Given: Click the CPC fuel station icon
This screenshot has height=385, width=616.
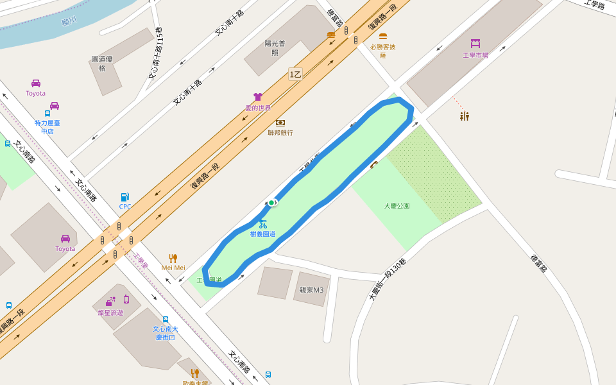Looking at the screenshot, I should pyautogui.click(x=124, y=197).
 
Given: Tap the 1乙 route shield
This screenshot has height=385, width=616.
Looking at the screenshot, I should pyautogui.click(x=295, y=74).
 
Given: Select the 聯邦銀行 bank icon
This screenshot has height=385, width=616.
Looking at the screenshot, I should pyautogui.click(x=280, y=123).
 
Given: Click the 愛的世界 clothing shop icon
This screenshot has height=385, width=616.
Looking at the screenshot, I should pyautogui.click(x=258, y=97).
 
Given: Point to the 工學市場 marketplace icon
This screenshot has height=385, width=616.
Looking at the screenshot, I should pyautogui.click(x=475, y=44).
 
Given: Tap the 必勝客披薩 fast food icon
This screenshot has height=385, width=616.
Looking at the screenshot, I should pyautogui.click(x=383, y=37).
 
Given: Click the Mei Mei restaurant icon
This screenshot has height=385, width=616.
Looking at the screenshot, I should pyautogui.click(x=173, y=258).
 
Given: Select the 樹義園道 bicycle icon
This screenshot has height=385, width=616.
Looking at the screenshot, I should pyautogui.click(x=262, y=224).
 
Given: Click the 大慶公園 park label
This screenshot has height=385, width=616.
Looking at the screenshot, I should pyautogui.click(x=397, y=206).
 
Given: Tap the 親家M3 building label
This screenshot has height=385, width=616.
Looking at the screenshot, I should pyautogui.click(x=311, y=290).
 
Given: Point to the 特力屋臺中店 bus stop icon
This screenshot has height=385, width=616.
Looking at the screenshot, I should pyautogui.click(x=47, y=114).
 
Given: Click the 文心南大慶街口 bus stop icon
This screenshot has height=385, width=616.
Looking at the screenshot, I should pyautogui.click(x=166, y=319).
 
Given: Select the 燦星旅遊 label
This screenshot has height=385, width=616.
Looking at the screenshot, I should pyautogui.click(x=110, y=312).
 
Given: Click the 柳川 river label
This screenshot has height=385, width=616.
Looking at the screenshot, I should pyautogui.click(x=69, y=21).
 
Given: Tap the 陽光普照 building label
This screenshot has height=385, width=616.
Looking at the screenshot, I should pyautogui.click(x=275, y=48).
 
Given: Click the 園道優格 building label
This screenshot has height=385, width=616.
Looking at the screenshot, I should pyautogui.click(x=102, y=64).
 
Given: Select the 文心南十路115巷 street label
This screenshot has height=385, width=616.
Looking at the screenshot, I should pyautogui.click(x=156, y=53).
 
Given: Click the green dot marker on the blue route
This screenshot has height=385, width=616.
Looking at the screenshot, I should pyautogui.click(x=271, y=203).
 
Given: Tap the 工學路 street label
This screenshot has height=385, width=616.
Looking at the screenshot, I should pyautogui.click(x=595, y=5).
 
